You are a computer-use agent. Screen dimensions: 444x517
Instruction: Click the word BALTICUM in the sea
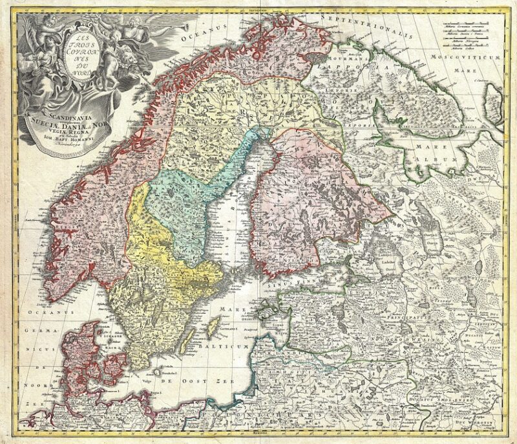click(223, 348)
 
